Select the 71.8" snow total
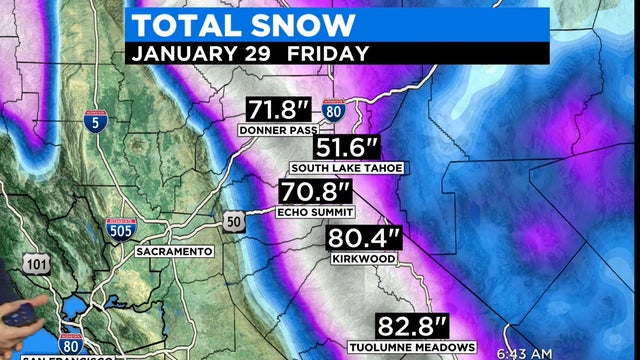278,110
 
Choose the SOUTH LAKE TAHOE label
346,168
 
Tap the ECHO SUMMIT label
314,212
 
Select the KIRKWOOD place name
363,259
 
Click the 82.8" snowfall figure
411,327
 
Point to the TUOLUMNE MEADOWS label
411,347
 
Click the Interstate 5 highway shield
95,123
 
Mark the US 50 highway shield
232,219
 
